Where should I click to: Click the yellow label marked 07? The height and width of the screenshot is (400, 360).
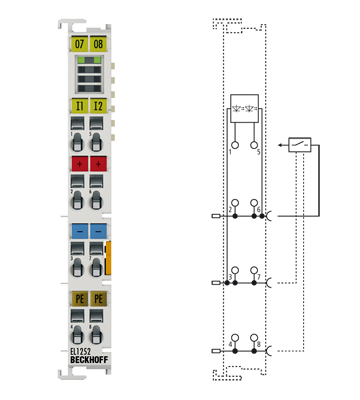79,45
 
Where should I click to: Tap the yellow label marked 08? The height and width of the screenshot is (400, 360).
98,45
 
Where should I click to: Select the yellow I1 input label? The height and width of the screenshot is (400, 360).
79,105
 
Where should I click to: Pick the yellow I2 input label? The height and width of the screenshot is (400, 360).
98,105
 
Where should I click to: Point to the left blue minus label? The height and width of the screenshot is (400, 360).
79,231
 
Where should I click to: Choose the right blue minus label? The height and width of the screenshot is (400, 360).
98,231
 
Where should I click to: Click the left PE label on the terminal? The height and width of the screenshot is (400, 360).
79,298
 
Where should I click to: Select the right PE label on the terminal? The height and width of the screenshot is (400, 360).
98,298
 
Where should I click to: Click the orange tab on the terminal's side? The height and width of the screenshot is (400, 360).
109,256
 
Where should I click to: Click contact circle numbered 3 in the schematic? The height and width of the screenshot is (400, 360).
235,271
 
